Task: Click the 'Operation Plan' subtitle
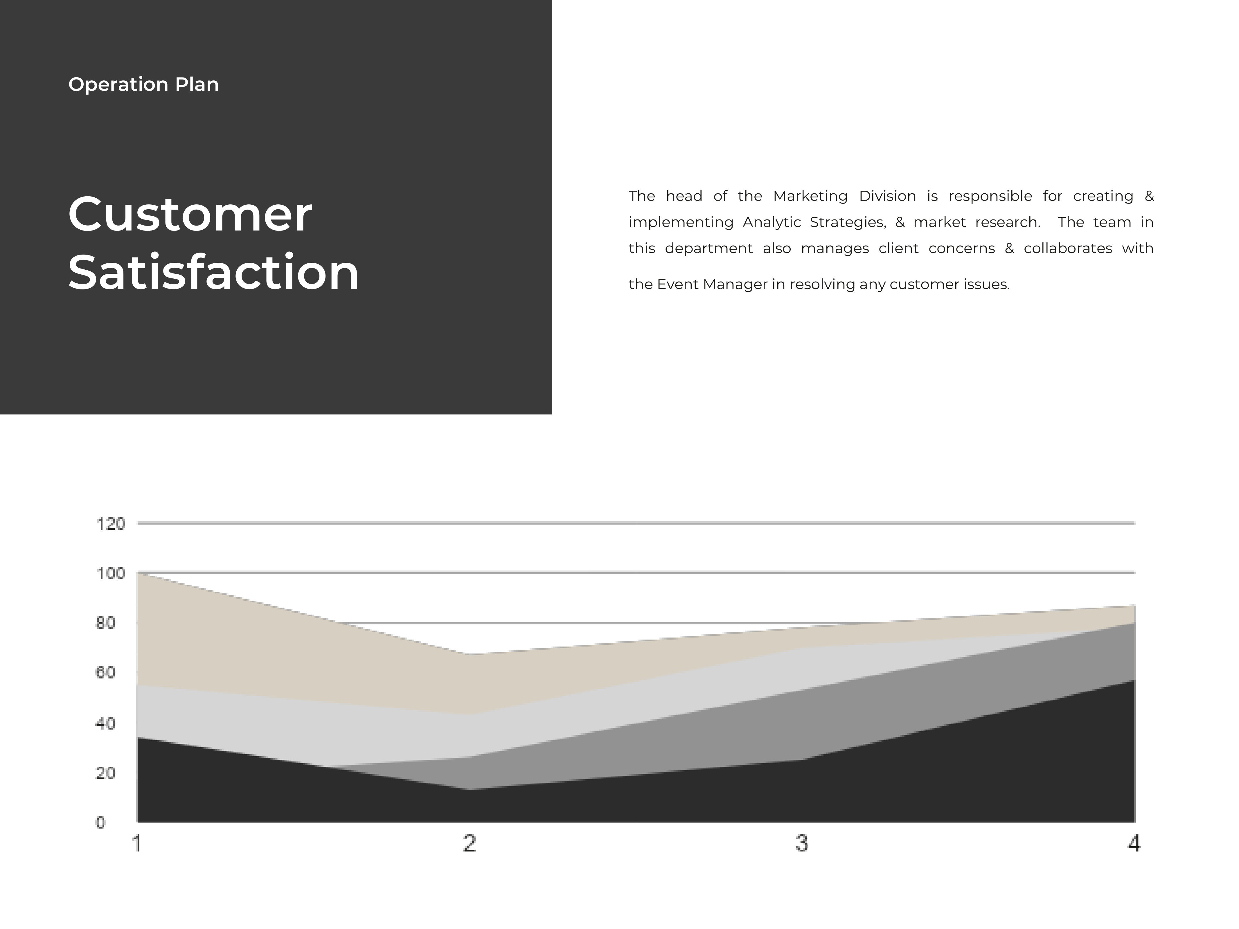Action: point(143,84)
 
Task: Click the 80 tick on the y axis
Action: point(106,623)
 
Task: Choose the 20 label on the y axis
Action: point(106,773)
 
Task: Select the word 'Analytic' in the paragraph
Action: point(772,222)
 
